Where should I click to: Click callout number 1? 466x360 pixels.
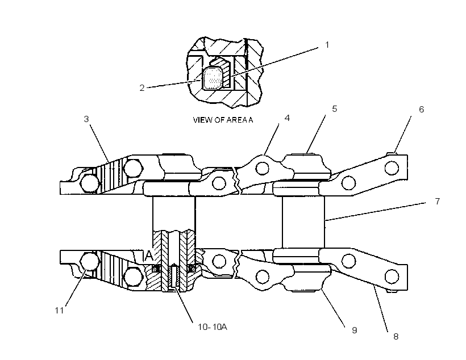[x=327, y=45]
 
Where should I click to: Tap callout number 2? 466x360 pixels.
[x=142, y=88]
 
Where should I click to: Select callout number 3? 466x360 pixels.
[x=86, y=119]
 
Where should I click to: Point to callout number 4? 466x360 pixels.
[x=287, y=118]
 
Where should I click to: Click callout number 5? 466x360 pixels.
[x=335, y=109]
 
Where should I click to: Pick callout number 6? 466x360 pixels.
[x=422, y=110]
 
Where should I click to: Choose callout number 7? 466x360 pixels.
[x=437, y=202]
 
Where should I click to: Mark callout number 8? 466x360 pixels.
[x=396, y=337]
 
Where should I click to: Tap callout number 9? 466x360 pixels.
[x=354, y=330]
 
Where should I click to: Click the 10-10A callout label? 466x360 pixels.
[x=213, y=327]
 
